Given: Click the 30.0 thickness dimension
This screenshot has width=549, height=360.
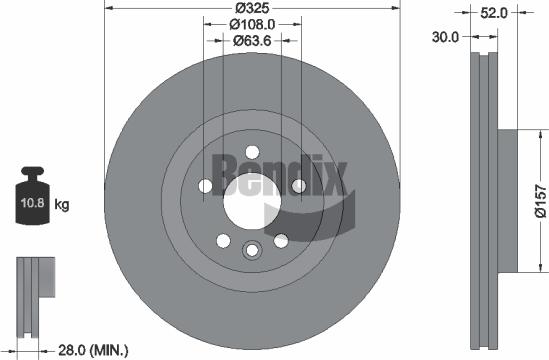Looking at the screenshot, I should click(446, 37).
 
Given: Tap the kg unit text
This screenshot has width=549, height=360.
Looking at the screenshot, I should click(62, 207).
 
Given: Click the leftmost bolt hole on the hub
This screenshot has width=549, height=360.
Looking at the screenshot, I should click(206, 186).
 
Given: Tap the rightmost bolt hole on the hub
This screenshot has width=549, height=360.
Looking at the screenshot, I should click(298, 186).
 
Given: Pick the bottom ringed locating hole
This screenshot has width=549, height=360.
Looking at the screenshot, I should click(252, 250).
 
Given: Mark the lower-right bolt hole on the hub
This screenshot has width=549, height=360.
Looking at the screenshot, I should click(281, 240).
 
